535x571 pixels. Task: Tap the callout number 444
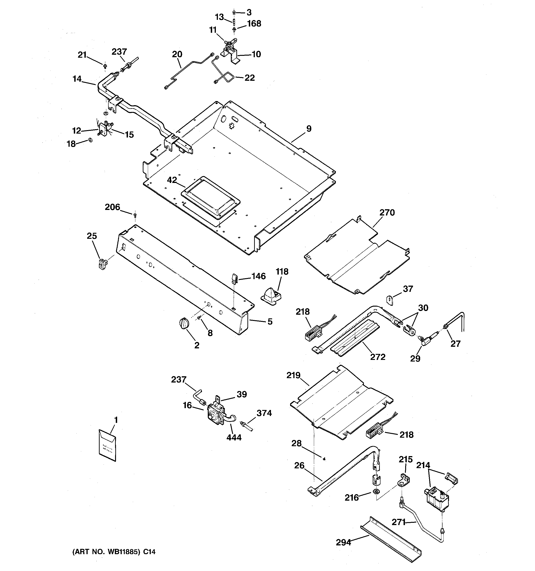click(234, 437)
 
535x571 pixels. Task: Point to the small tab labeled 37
click(389, 300)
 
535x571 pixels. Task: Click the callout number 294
click(343, 542)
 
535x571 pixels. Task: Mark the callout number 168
click(254, 24)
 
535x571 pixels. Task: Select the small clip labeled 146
click(234, 278)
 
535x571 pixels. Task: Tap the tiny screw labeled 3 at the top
click(234, 12)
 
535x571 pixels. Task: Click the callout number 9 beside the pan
click(309, 129)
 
